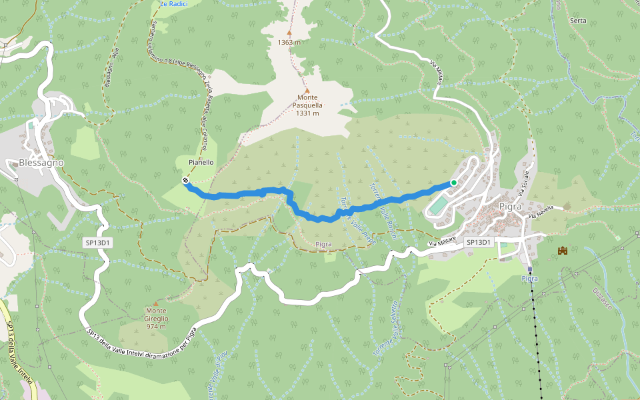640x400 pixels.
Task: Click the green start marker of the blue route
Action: (453, 183)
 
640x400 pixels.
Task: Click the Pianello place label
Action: (201, 162)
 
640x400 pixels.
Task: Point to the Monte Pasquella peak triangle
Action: (307, 91)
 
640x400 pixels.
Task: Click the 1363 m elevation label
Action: (289, 43)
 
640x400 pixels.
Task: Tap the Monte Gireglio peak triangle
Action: (156, 303)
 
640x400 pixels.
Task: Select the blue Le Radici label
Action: (174, 4)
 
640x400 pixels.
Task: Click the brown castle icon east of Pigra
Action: (562, 251)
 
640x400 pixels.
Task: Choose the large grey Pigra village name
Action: (510, 206)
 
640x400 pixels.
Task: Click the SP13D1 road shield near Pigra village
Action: (479, 243)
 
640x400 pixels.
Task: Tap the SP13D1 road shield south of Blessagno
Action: (97, 243)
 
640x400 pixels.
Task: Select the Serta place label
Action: (578, 21)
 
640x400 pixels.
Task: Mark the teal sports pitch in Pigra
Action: (437, 205)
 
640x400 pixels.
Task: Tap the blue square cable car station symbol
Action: (530, 270)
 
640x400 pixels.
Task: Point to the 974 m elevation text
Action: (156, 327)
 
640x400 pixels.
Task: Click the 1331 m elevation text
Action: (307, 113)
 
